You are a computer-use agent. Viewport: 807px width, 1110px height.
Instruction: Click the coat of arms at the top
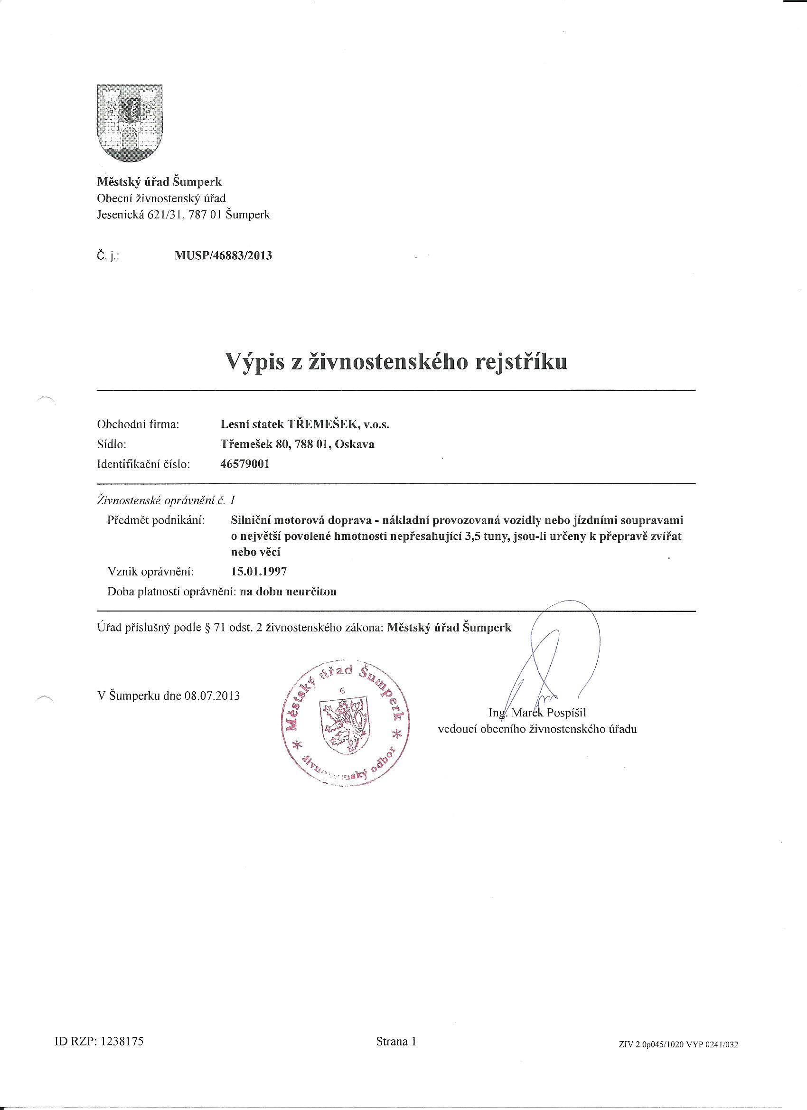point(130,123)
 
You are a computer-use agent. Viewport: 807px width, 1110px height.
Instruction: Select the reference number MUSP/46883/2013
point(223,255)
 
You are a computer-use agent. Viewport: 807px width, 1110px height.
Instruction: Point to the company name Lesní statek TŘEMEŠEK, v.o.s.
point(305,424)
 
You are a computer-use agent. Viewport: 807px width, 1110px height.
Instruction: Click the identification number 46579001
point(245,464)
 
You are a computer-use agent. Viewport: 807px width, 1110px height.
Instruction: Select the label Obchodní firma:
point(139,424)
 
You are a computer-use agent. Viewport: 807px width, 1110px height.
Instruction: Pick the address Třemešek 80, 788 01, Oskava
point(298,444)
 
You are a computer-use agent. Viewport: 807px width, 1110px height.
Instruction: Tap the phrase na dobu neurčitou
point(287,591)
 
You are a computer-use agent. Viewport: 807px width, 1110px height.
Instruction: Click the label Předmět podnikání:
point(156,520)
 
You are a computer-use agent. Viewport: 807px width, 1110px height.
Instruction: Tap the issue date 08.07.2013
point(212,696)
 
